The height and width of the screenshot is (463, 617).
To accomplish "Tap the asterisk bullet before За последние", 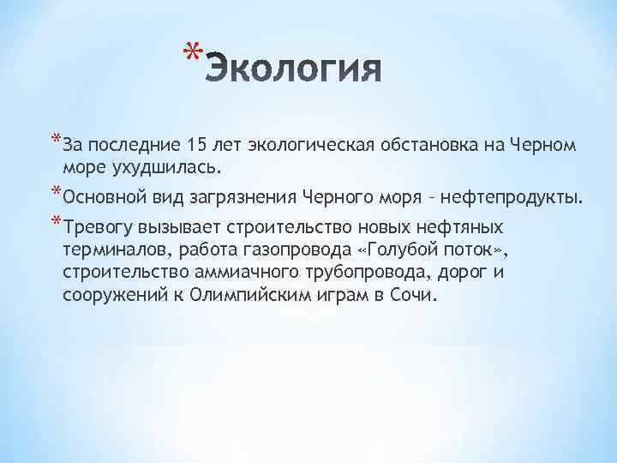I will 56,140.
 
